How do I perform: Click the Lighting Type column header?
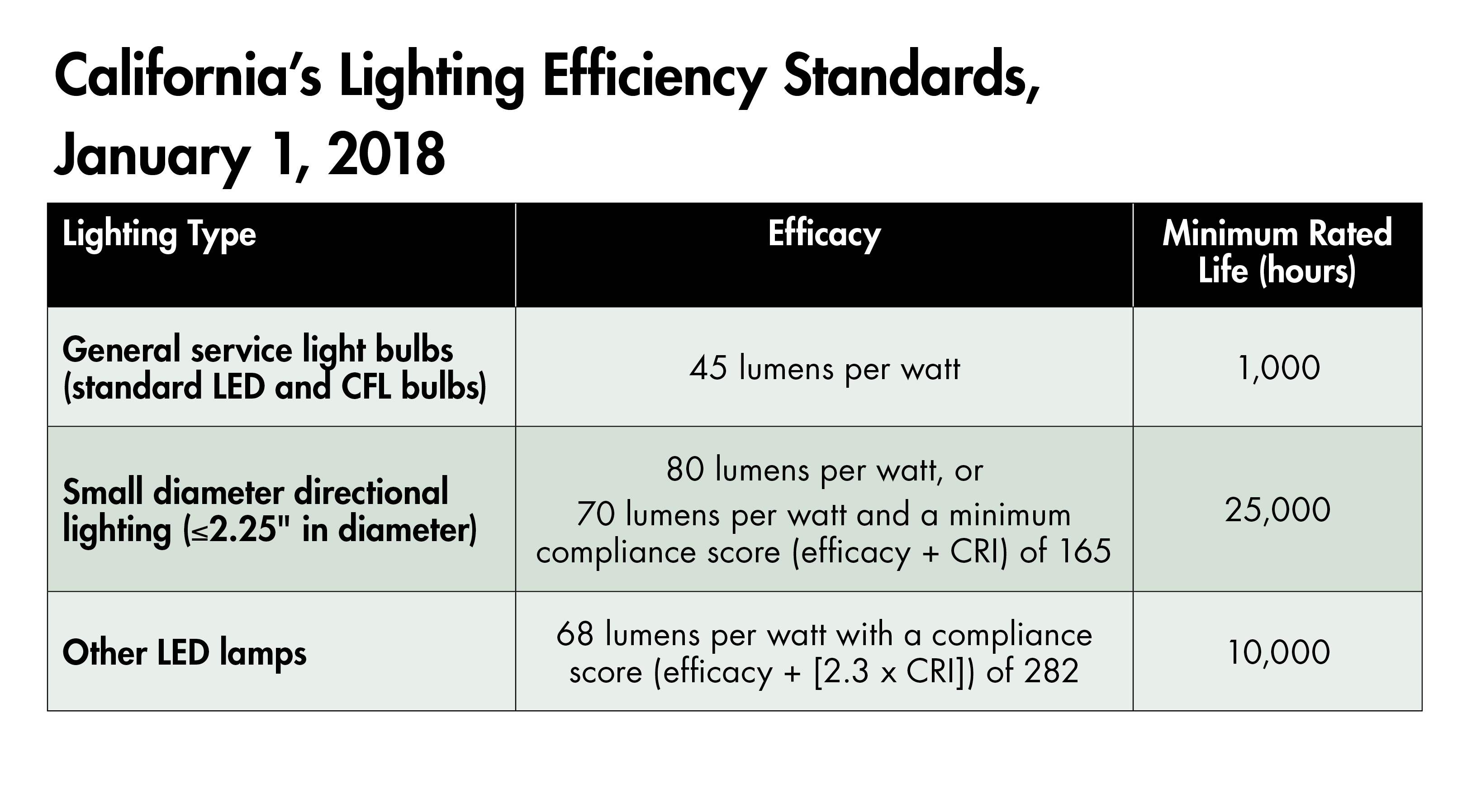click(x=159, y=235)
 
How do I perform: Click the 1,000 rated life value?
click(x=1278, y=368)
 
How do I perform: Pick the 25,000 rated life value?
click(x=1277, y=510)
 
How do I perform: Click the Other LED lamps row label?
click(x=185, y=653)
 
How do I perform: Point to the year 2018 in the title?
click(x=386, y=155)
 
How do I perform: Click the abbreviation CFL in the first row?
click(x=366, y=387)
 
